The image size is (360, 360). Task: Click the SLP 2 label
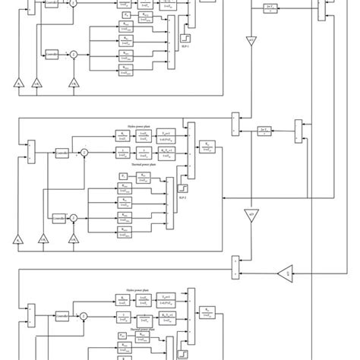click(184, 195)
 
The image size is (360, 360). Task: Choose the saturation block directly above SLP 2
click(184, 186)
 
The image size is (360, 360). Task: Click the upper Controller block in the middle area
click(62, 153)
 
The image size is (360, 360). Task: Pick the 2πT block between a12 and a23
click(264, 131)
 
